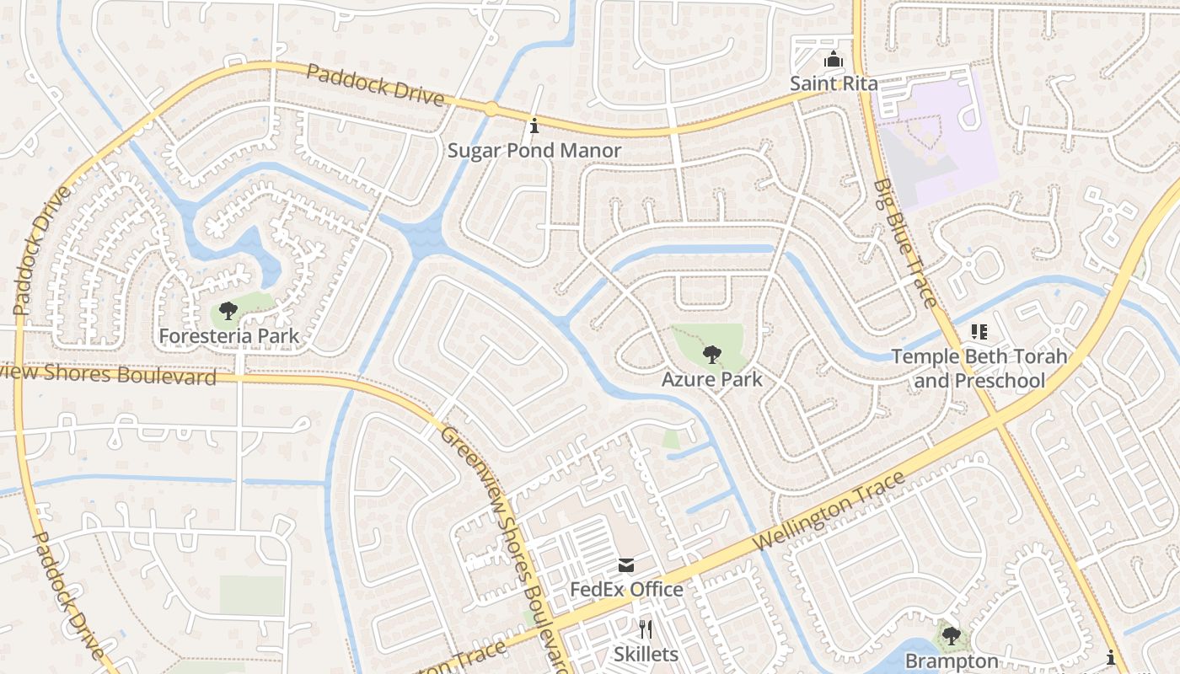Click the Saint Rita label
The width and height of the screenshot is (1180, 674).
click(833, 83)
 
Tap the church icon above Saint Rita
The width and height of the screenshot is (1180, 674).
click(833, 61)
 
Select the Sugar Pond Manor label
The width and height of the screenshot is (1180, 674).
click(534, 151)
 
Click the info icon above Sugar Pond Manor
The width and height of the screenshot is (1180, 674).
click(534, 126)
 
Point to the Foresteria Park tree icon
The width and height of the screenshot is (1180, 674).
click(228, 312)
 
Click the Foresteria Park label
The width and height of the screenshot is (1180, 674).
click(228, 336)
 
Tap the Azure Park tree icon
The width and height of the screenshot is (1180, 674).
click(711, 354)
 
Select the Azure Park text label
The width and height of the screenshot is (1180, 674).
click(711, 379)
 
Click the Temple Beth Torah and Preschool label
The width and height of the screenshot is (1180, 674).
click(979, 368)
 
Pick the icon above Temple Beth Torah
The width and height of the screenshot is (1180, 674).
click(979, 332)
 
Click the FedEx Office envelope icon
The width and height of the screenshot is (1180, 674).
click(626, 564)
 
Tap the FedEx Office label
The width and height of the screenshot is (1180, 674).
click(626, 589)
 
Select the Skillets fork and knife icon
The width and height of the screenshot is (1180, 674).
click(646, 629)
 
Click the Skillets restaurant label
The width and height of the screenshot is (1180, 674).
click(646, 654)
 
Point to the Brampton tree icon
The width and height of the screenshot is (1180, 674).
click(952, 636)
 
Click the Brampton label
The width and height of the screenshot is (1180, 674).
click(952, 661)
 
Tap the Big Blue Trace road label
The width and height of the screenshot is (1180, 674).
click(904, 243)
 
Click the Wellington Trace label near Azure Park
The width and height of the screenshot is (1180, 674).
click(829, 512)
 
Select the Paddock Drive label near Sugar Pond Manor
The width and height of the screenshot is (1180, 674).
click(374, 85)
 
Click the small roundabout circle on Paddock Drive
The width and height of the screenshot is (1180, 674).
click(491, 109)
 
